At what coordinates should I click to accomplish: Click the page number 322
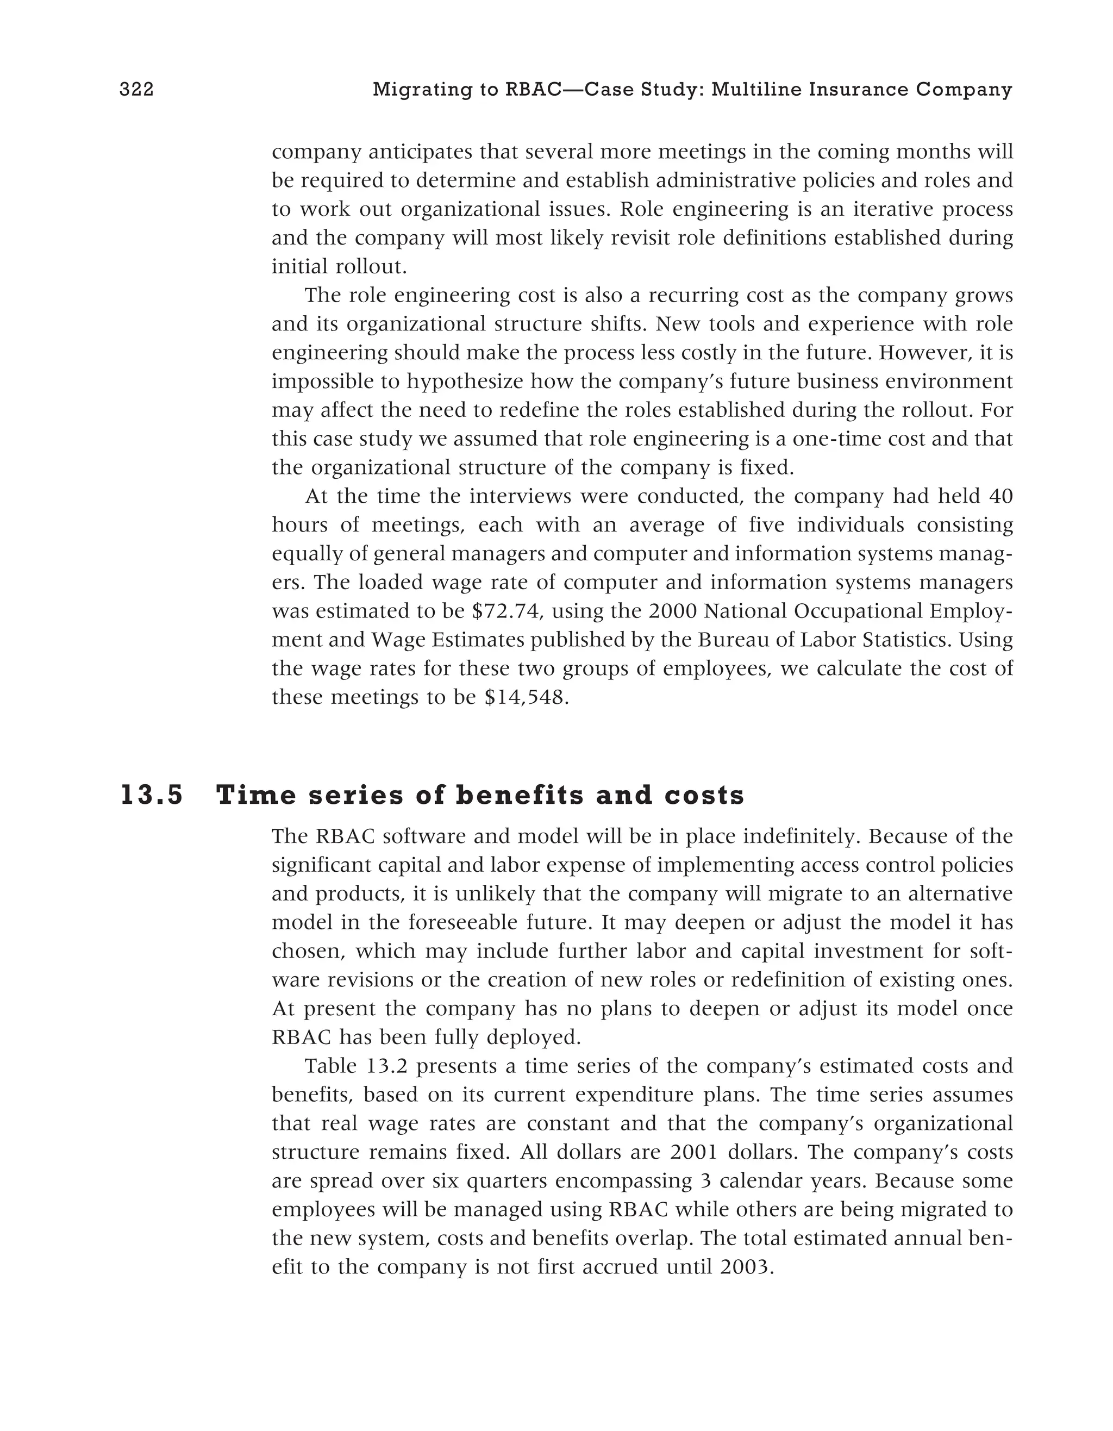pyautogui.click(x=136, y=90)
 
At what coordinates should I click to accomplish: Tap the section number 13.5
pyautogui.click(x=152, y=796)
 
